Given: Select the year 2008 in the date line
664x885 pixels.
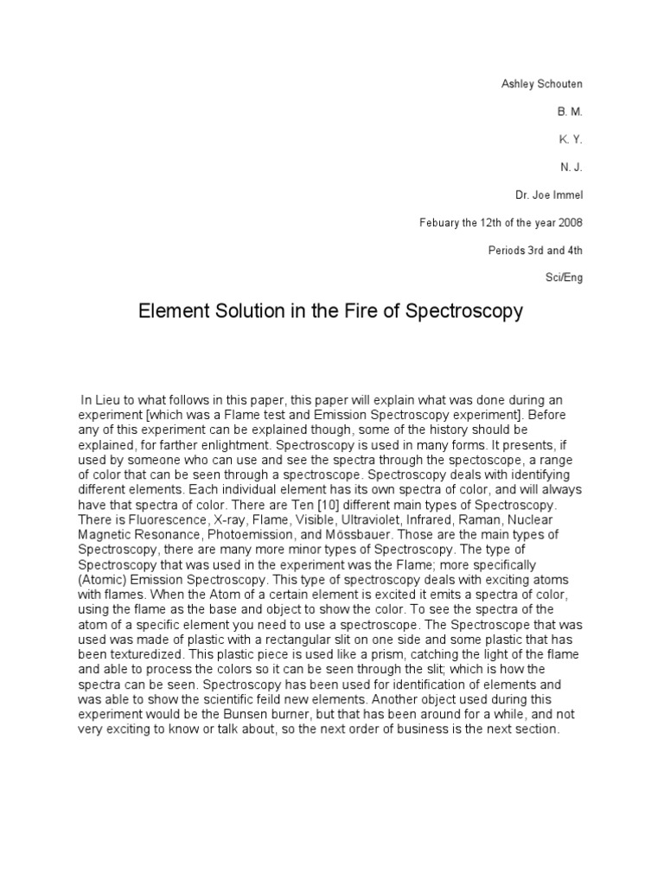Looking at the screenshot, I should tap(570, 222).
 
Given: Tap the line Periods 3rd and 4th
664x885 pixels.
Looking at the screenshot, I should tap(535, 250).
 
